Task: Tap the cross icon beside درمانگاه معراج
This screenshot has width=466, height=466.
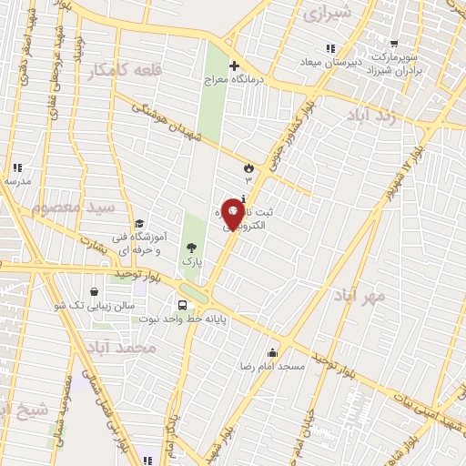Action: tap(235, 66)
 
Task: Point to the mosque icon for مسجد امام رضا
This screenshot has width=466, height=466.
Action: tap(272, 352)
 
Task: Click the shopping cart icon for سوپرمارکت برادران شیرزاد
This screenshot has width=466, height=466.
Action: tap(393, 42)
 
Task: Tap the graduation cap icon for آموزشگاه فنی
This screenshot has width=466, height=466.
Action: tap(139, 224)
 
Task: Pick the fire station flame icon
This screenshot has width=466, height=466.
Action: tap(248, 167)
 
